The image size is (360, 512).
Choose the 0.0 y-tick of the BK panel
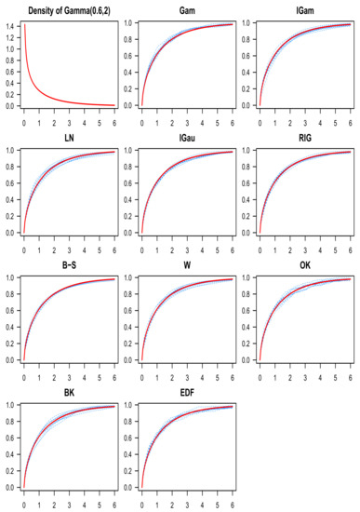[x=9, y=487]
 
